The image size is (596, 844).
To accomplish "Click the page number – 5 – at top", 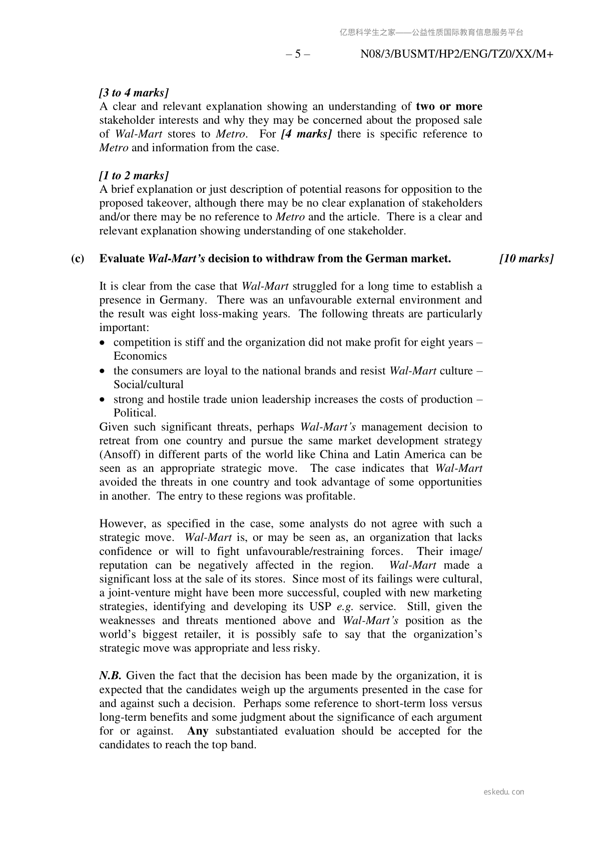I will point(298,55).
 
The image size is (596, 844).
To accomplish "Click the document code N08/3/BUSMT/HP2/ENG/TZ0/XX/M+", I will point(456,55).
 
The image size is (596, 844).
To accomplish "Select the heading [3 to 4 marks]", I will point(134,93).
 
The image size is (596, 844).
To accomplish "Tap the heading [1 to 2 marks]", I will point(134,176).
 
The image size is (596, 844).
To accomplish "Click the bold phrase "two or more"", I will point(449,107).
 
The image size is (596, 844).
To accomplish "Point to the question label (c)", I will point(78,259).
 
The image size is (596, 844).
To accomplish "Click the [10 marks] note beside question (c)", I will point(526,259).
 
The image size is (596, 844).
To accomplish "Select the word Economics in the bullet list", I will point(140,356).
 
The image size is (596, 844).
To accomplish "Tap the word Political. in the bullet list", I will point(135,413).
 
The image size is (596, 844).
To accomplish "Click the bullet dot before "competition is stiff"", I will point(103,343).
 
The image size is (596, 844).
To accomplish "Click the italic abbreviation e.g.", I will point(345,607).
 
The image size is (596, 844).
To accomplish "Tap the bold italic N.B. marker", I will point(110,676).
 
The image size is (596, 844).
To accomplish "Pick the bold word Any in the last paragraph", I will point(198,731).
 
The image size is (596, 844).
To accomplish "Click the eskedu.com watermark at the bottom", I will point(504,792).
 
